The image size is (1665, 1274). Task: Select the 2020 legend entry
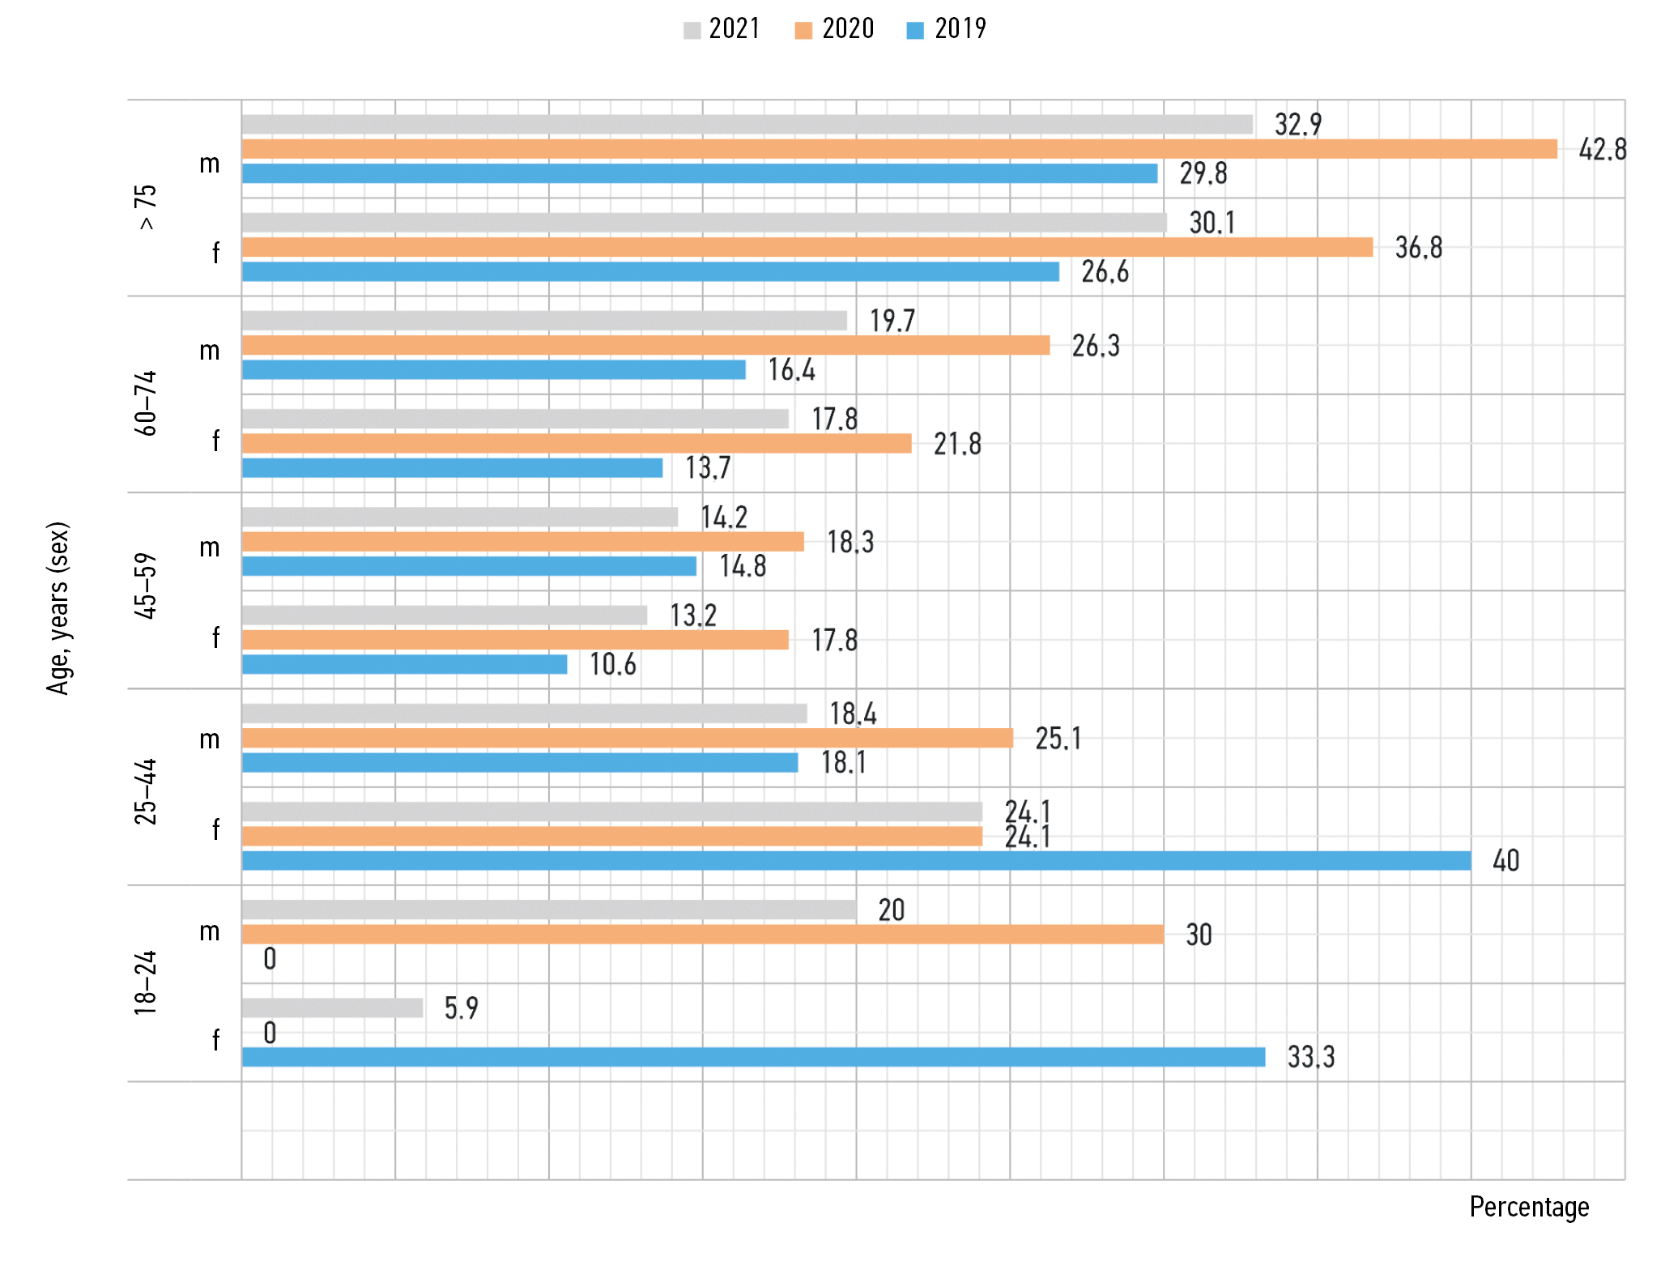pyautogui.click(x=835, y=29)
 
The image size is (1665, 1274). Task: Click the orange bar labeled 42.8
pyautogui.click(x=899, y=149)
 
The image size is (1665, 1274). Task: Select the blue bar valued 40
pyautogui.click(x=856, y=861)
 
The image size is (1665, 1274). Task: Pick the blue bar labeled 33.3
pyautogui.click(x=753, y=1057)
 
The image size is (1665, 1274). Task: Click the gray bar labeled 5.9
pyautogui.click(x=332, y=1008)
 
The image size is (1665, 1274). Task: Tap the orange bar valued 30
pyautogui.click(x=702, y=935)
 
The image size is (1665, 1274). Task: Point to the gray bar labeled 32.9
pyautogui.click(x=747, y=125)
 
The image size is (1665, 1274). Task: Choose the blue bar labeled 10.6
pyautogui.click(x=404, y=664)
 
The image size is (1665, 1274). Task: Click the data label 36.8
pyautogui.click(x=1418, y=248)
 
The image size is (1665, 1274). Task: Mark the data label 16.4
pyautogui.click(x=791, y=370)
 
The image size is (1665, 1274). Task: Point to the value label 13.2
pyautogui.click(x=692, y=616)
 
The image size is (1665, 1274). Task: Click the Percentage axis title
pyautogui.click(x=1529, y=1207)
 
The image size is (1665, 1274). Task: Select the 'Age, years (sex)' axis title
pyautogui.click(x=58, y=607)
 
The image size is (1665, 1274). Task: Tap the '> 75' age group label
pyautogui.click(x=146, y=207)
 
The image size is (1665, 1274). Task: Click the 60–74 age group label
pyautogui.click(x=146, y=403)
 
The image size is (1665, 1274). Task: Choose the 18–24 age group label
pyautogui.click(x=146, y=983)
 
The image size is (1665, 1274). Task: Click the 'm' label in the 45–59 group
pyautogui.click(x=210, y=548)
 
